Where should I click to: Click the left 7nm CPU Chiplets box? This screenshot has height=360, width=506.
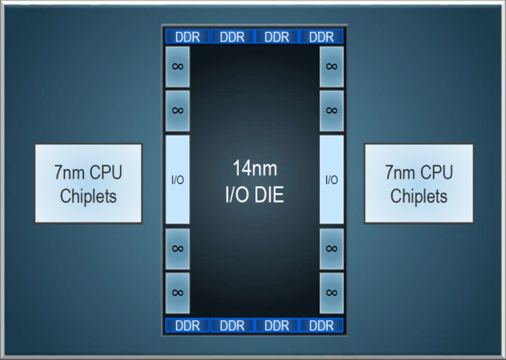(x=89, y=183)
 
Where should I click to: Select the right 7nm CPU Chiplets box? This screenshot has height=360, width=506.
(x=419, y=183)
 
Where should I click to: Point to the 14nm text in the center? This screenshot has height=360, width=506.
(x=255, y=168)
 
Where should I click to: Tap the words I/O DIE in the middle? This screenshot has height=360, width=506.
(x=255, y=195)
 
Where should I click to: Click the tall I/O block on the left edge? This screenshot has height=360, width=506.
(x=177, y=179)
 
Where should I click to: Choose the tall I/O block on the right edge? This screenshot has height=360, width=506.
(x=332, y=179)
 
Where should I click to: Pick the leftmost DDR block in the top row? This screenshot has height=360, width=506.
(x=188, y=37)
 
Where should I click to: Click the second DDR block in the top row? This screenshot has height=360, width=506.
(x=232, y=37)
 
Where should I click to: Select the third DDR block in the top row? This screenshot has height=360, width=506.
(x=277, y=37)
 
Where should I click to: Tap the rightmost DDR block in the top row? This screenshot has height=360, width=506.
(x=322, y=37)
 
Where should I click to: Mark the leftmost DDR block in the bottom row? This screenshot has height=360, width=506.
(x=188, y=326)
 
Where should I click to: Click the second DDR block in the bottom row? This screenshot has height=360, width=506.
(x=232, y=326)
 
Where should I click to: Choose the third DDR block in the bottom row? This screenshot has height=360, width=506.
(x=277, y=326)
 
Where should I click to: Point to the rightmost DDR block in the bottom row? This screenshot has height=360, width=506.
(x=322, y=326)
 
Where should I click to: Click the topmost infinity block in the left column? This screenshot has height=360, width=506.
(x=177, y=66)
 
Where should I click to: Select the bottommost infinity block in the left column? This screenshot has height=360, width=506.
(x=177, y=293)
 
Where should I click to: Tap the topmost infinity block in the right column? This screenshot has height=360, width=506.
(x=332, y=66)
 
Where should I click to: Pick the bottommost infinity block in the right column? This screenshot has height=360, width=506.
(x=332, y=293)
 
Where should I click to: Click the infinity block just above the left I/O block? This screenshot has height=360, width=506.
(x=177, y=111)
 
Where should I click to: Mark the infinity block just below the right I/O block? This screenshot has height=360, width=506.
(x=332, y=249)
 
